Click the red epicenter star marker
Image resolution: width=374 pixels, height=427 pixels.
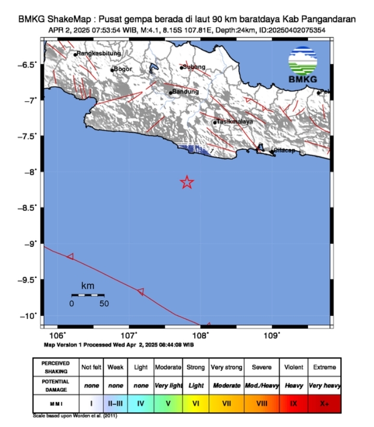pyautogui.click(x=187, y=182)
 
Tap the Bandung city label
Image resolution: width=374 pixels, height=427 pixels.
pyautogui.click(x=185, y=92)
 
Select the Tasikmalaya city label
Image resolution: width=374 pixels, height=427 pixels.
pyautogui.click(x=234, y=122)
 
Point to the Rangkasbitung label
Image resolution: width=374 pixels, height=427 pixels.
pyautogui.click(x=99, y=53)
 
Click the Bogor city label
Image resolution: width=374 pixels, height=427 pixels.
pyautogui.click(x=123, y=69)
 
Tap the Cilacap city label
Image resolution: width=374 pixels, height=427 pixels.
pyautogui.click(x=284, y=151)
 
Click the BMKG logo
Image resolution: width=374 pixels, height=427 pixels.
pyautogui.click(x=303, y=65)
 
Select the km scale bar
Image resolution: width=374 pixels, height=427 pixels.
pyautogui.click(x=88, y=295)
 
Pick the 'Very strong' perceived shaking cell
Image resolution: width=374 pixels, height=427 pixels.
pyautogui.click(x=226, y=367)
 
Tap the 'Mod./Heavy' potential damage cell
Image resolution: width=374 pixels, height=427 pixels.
pyautogui.click(x=262, y=386)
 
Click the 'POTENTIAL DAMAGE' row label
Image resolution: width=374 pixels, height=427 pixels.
pyautogui.click(x=56, y=385)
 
